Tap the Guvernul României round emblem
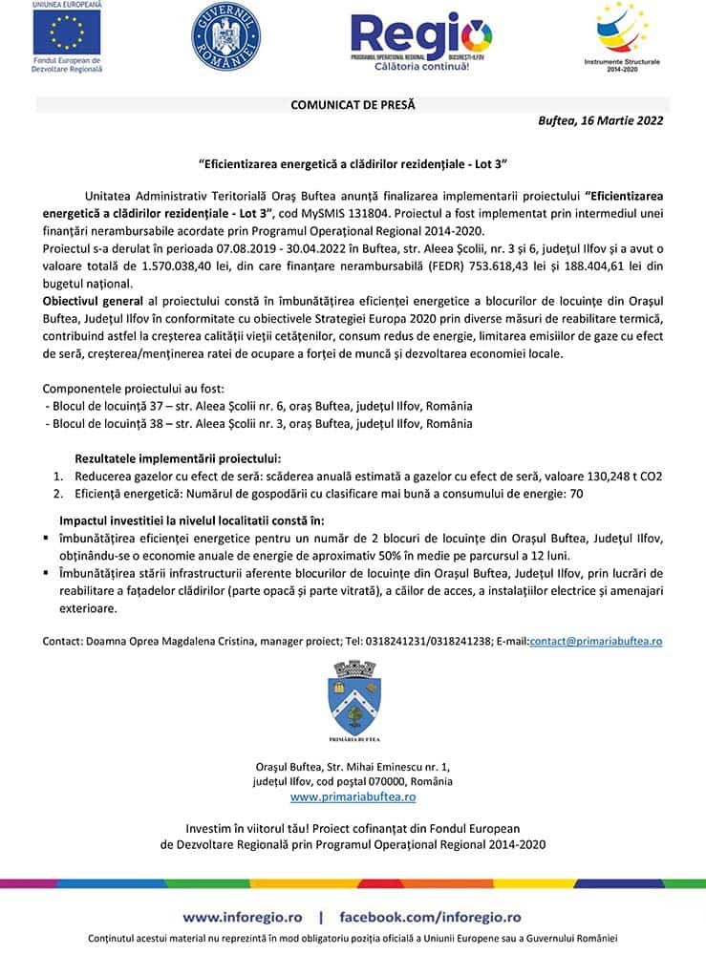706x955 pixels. point(225,35)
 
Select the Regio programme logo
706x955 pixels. point(421,39)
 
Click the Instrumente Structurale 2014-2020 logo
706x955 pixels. point(622,34)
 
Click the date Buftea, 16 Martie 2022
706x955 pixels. point(601,121)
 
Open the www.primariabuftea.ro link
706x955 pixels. point(353,796)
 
